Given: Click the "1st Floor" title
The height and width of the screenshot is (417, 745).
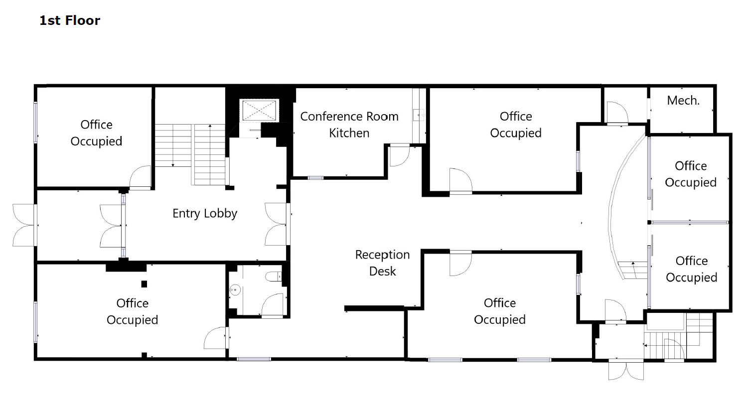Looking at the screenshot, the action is (x=70, y=20).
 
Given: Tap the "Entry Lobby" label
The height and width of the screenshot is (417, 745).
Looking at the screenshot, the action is (x=205, y=214).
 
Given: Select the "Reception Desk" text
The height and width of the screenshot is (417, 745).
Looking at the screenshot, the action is (x=383, y=263).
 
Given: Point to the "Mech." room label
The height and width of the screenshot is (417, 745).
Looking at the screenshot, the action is (x=683, y=101).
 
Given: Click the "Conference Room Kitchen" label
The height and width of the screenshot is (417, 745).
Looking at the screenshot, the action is (x=349, y=125).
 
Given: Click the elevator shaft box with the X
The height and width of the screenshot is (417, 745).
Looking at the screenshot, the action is (x=259, y=111).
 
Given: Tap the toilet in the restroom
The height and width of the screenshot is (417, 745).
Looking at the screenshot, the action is (x=274, y=277).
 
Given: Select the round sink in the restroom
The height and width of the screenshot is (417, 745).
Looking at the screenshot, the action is (x=235, y=290).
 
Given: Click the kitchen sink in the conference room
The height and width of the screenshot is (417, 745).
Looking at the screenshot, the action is (x=419, y=115).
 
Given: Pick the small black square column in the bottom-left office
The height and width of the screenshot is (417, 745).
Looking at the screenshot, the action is (x=144, y=284).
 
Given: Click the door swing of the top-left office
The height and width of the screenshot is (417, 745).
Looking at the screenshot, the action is (x=140, y=176).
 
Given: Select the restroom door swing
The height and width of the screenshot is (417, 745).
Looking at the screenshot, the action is (x=273, y=304).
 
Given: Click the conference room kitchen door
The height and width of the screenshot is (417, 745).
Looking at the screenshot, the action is (x=400, y=155).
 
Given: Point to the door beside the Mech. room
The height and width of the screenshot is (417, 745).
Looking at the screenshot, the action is (x=617, y=113).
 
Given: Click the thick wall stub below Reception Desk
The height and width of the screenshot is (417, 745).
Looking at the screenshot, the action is (x=374, y=308).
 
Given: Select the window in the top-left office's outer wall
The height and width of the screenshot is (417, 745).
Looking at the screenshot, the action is (x=35, y=123).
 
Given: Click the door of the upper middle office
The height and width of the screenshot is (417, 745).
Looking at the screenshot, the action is (x=460, y=180).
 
